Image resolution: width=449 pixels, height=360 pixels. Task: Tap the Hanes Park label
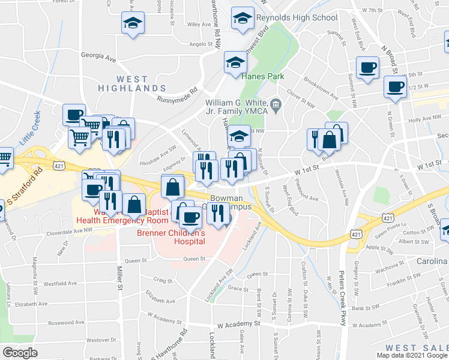[x=262, y=76]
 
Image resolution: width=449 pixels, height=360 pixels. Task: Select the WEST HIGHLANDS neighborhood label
[x=133, y=83]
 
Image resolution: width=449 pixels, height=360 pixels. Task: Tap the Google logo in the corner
[x=20, y=353]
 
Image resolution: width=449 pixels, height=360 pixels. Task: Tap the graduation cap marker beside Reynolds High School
[x=243, y=19]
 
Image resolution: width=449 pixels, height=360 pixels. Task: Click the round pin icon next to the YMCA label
[x=275, y=104]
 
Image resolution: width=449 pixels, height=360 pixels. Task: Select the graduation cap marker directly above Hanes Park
[x=235, y=62]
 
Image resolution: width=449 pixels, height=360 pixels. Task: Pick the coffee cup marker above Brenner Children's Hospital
[x=190, y=216]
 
